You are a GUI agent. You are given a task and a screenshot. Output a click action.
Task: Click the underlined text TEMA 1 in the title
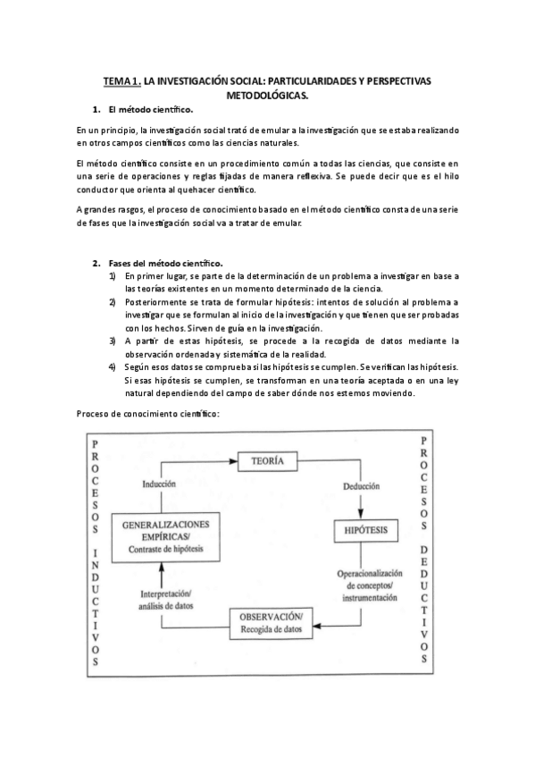pyautogui.click(x=122, y=81)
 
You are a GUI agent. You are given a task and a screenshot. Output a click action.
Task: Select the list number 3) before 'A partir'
pyautogui.click(x=113, y=341)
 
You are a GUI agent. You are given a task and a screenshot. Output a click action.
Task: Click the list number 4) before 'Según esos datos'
pyautogui.click(x=113, y=366)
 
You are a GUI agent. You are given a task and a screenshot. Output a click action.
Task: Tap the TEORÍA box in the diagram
pyautogui.click(x=267, y=461)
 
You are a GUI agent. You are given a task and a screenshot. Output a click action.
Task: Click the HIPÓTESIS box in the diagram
pyautogui.click(x=365, y=531)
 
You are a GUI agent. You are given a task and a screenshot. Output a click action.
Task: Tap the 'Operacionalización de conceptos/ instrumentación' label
pyautogui.click(x=366, y=584)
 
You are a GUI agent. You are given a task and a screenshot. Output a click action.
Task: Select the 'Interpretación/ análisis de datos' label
pyautogui.click(x=165, y=600)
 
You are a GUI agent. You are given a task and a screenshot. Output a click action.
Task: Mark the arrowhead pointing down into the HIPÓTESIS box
pyautogui.click(x=361, y=516)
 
